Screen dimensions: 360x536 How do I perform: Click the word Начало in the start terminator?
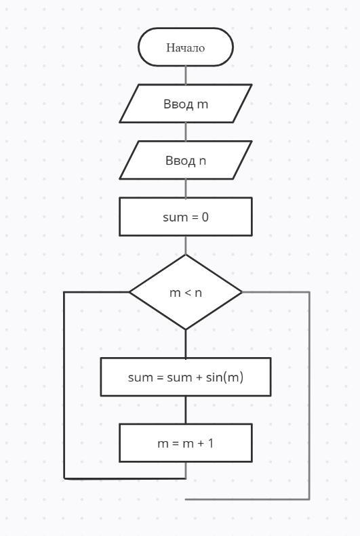click(x=186, y=47)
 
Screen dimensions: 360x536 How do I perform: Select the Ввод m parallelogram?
click(x=186, y=104)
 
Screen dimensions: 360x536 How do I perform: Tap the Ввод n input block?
click(x=186, y=160)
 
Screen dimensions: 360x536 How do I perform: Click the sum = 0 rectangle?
click(x=186, y=217)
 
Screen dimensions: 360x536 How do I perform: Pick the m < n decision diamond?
click(x=186, y=292)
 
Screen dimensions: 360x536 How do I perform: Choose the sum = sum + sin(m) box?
click(x=186, y=377)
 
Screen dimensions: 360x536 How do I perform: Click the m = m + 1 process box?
click(x=186, y=443)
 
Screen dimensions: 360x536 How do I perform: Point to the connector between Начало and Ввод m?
click(x=186, y=75)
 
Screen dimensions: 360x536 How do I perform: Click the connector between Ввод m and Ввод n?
click(x=186, y=132)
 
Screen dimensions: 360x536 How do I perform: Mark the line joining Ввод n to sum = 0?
click(x=186, y=188)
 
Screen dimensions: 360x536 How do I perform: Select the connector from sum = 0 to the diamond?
click(x=186, y=245)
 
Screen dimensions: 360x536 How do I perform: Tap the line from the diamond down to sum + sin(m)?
click(x=186, y=344)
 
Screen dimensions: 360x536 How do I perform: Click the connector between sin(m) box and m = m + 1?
click(x=186, y=410)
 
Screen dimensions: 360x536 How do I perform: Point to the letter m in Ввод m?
click(x=203, y=104)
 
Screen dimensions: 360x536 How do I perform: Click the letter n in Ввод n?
click(x=203, y=161)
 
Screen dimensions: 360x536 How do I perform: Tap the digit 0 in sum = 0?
click(x=205, y=217)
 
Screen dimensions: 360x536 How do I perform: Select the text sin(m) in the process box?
click(x=224, y=377)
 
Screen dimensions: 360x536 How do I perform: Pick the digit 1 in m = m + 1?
click(x=210, y=443)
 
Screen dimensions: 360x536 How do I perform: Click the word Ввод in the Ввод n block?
click(x=180, y=160)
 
